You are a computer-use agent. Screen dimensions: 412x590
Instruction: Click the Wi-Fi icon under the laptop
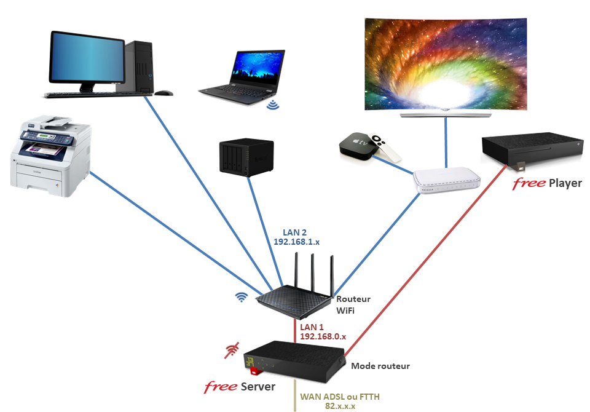[x=272, y=105]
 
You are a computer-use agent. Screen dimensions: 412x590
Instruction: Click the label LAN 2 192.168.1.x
[x=296, y=237]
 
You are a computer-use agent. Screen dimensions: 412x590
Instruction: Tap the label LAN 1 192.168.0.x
[x=322, y=331]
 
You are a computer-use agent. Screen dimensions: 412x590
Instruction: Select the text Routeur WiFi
[x=353, y=304]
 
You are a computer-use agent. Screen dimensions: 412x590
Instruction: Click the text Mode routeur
[x=380, y=366]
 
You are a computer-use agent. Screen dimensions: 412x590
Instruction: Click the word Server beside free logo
[x=258, y=387]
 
